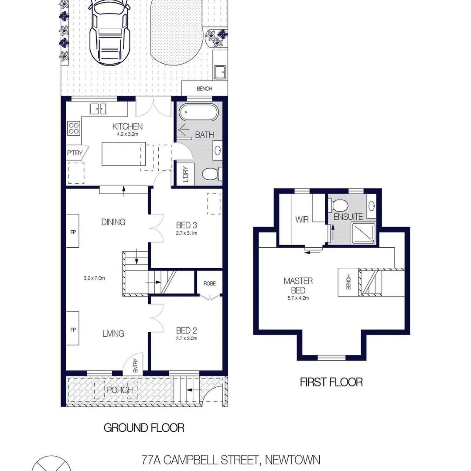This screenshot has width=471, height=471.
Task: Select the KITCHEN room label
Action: tap(128, 126)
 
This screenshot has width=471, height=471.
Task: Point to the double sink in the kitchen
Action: tap(99, 109)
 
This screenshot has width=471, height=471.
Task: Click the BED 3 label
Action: tap(187, 225)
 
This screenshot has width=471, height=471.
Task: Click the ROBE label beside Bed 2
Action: tap(209, 283)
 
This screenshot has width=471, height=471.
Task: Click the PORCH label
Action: tap(119, 390)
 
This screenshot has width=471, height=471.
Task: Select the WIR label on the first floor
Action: tap(302, 220)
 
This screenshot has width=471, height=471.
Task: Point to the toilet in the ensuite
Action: tap(338, 204)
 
